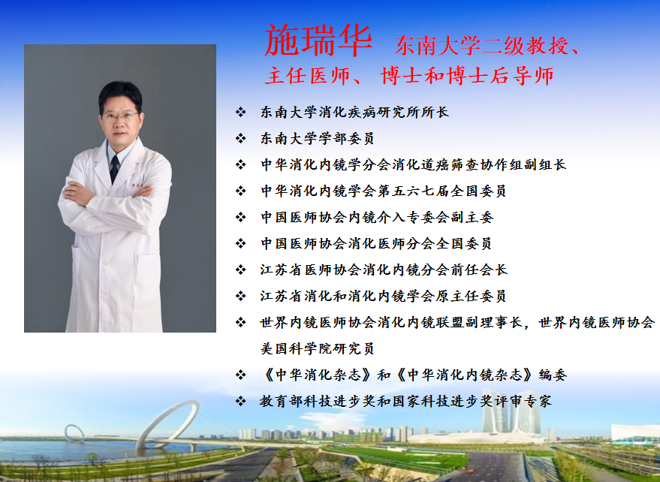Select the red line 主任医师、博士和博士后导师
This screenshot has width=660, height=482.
[x=408, y=77]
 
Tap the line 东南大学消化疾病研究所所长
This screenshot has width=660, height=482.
[x=354, y=113]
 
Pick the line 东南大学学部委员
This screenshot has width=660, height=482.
[x=317, y=139]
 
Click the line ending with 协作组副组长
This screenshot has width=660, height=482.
[x=413, y=165]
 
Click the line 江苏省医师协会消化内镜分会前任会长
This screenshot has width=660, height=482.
[x=384, y=270]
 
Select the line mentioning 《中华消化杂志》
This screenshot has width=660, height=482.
[x=408, y=375]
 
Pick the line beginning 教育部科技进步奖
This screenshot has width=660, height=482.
[x=405, y=401]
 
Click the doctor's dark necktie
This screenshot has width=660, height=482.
[x=114, y=168]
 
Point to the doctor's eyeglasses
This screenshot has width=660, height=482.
[x=121, y=116]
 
